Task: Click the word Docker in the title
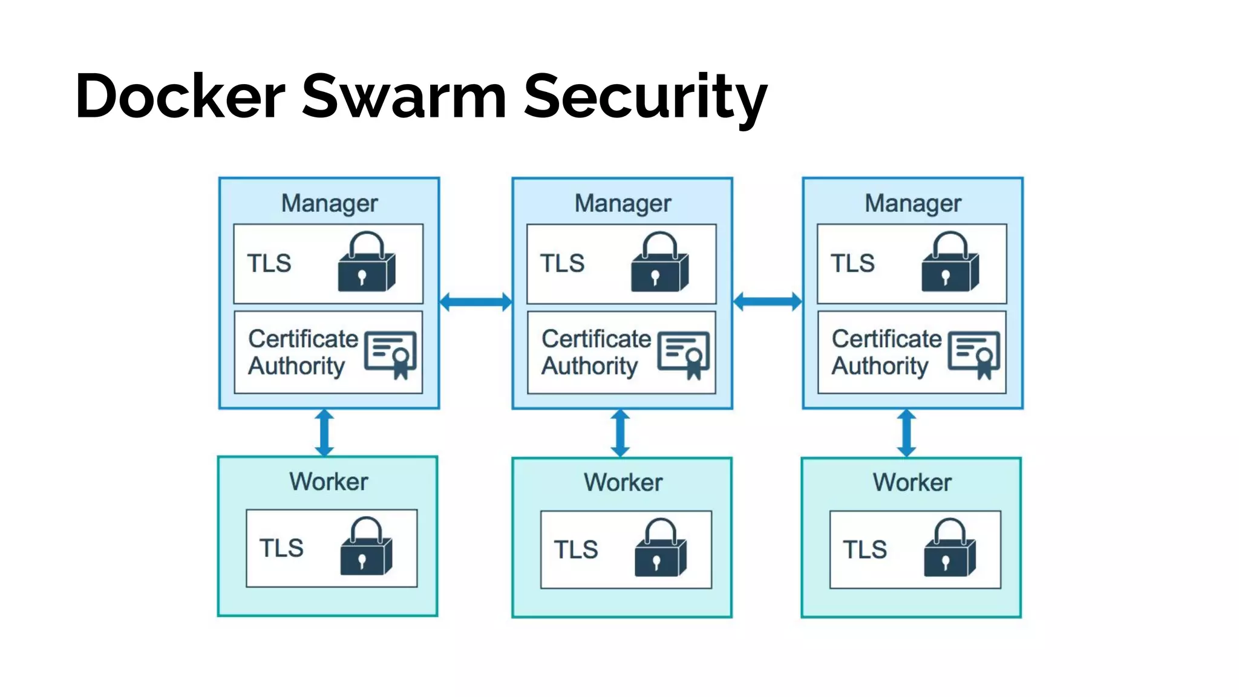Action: click(x=180, y=96)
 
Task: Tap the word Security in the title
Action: click(x=645, y=96)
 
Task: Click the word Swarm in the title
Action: click(x=404, y=96)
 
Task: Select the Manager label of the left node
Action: click(x=329, y=203)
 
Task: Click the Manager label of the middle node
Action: click(x=623, y=203)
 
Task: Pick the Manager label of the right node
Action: click(x=912, y=203)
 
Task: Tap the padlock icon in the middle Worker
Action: click(x=660, y=548)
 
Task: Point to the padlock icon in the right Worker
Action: click(x=949, y=548)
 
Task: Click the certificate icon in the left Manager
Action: click(x=391, y=354)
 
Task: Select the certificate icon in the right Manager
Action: click(x=974, y=354)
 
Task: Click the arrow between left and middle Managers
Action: click(x=476, y=301)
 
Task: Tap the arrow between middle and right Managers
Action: click(x=767, y=301)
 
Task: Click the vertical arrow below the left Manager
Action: click(x=324, y=433)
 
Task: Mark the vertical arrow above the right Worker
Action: click(x=906, y=433)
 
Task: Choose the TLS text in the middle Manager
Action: click(x=562, y=263)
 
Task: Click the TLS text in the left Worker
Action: click(x=281, y=548)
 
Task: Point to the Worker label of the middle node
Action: click(x=623, y=482)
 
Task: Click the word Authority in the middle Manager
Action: click(x=589, y=366)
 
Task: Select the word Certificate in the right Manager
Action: click(x=886, y=339)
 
